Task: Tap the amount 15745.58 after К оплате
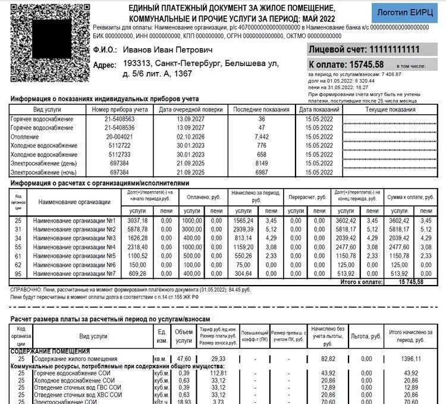tap(367, 64)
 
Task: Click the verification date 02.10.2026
tap(191, 137)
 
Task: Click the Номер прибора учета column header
tap(120, 109)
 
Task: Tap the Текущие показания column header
tap(390, 109)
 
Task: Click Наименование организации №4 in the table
tap(74, 246)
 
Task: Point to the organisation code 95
tap(18, 273)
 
